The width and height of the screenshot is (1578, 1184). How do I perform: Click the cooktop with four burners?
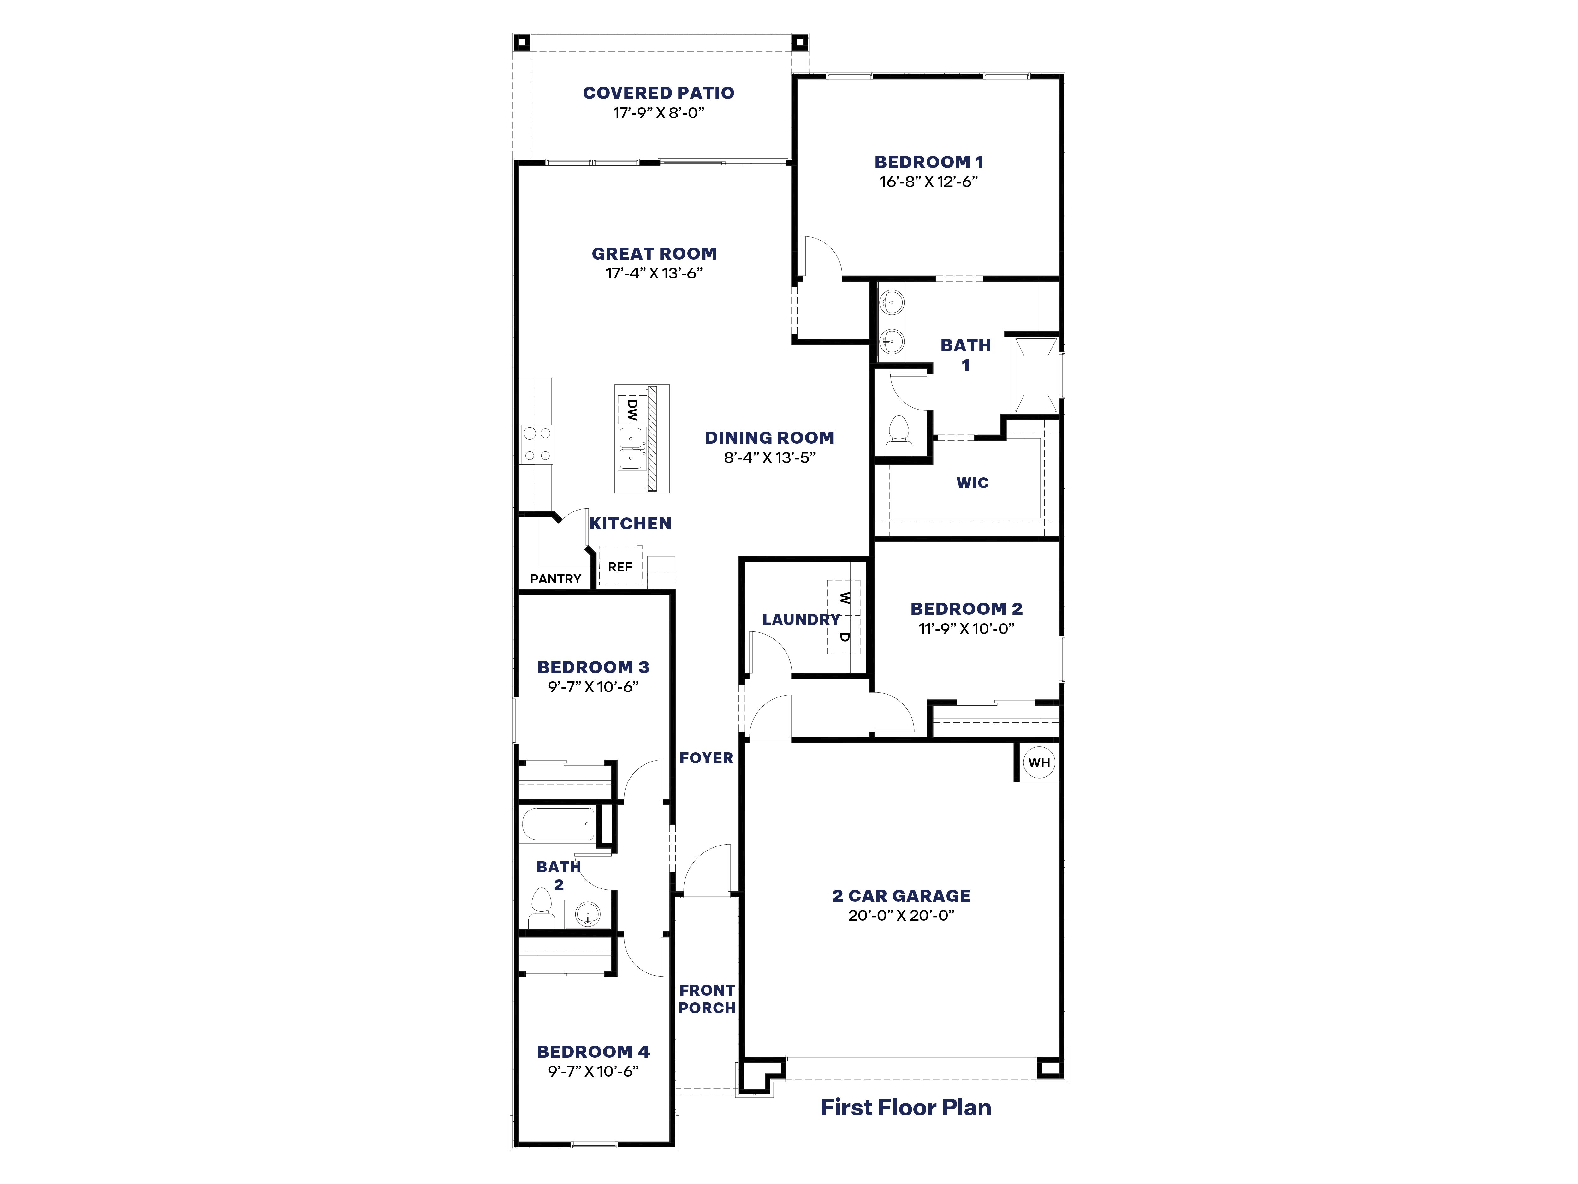point(537,444)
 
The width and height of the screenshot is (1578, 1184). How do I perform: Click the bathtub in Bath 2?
point(558,824)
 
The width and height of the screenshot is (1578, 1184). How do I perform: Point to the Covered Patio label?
point(658,93)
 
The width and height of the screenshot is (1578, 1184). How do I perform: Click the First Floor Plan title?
point(905,1107)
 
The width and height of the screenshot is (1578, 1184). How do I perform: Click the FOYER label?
point(706,758)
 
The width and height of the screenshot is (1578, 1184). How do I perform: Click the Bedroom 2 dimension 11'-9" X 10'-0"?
point(966,629)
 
